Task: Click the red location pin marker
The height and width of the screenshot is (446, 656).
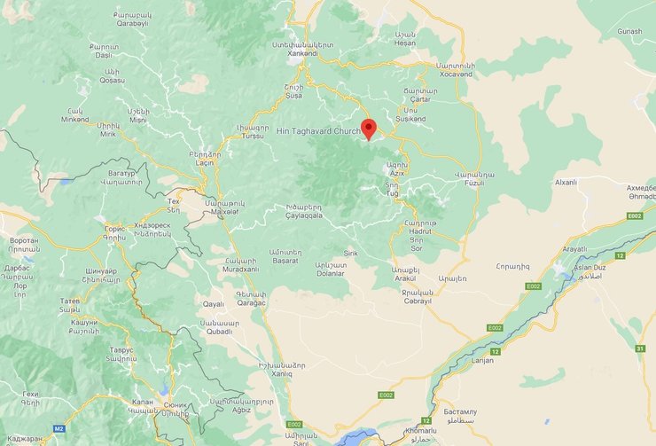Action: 369,129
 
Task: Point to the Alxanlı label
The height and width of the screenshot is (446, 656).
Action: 565,183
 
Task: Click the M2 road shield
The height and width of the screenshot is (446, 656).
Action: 59,428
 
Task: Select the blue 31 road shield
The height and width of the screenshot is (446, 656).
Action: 640,348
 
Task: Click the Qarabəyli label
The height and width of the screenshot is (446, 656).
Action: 132,24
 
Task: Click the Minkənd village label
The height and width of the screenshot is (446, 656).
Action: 75,120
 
